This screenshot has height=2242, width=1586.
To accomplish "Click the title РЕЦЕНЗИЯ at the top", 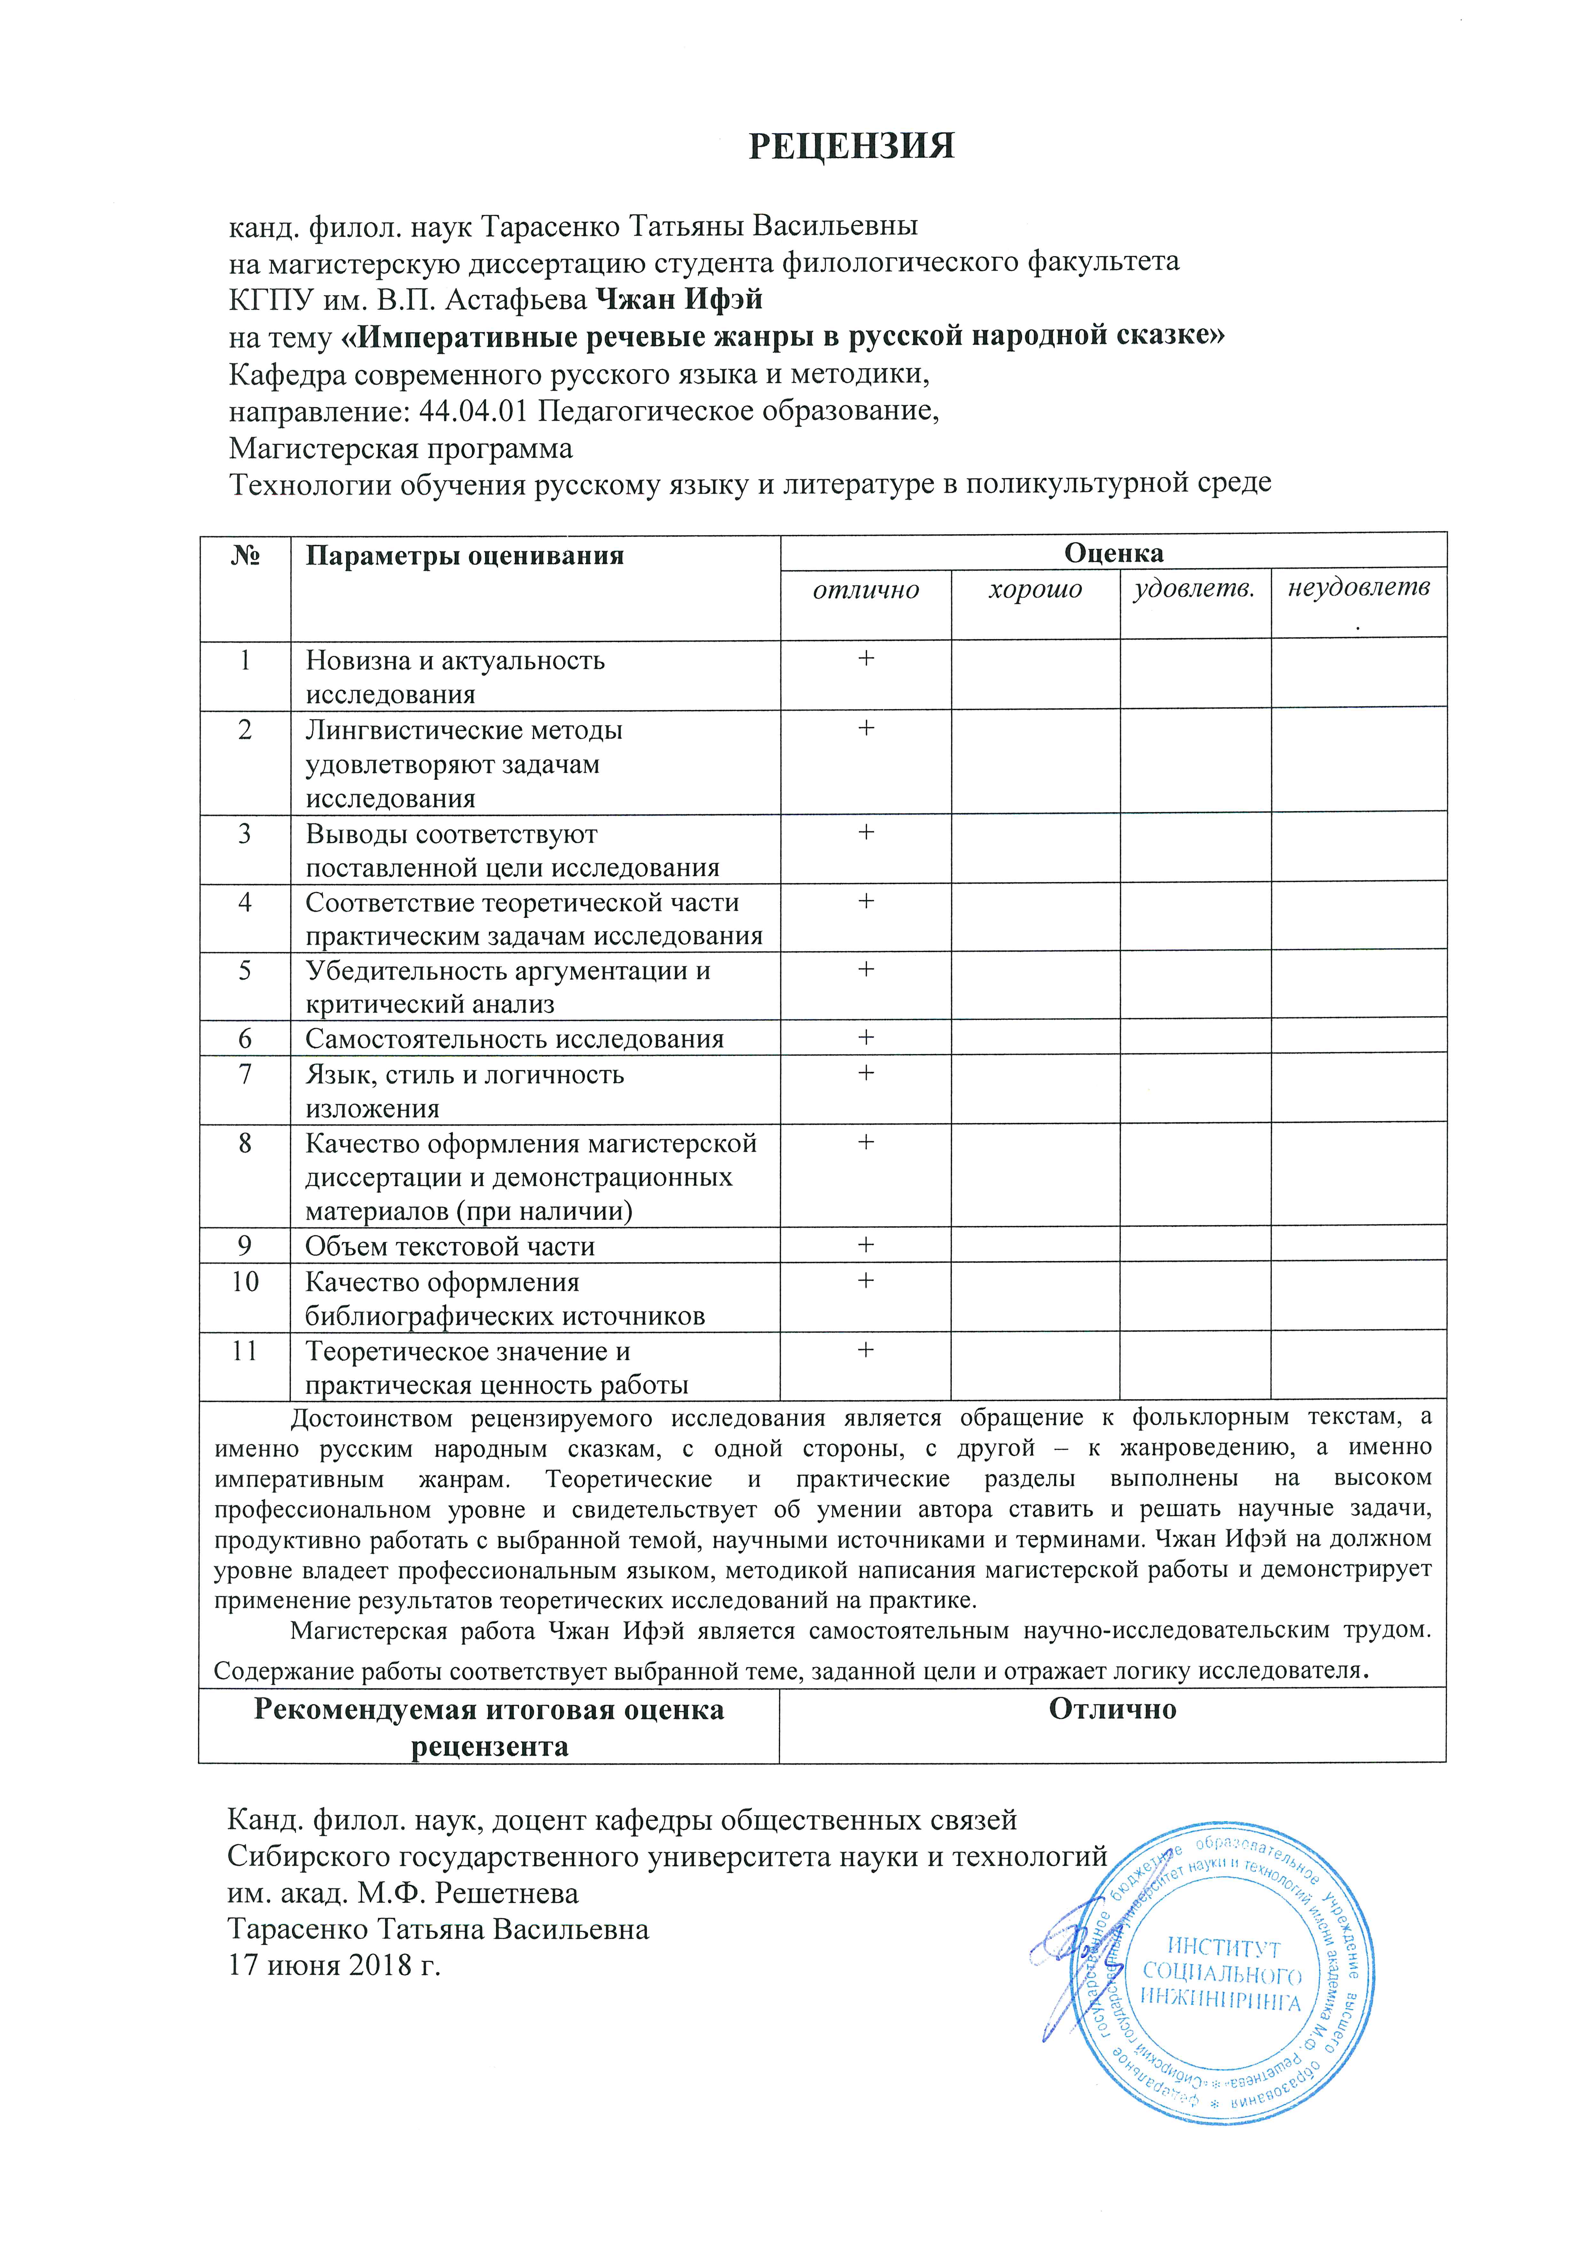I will pyautogui.click(x=851, y=145).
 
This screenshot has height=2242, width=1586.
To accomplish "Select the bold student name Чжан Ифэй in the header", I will pyautogui.click(x=679, y=299).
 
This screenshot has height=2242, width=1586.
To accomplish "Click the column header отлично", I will pyautogui.click(x=866, y=590).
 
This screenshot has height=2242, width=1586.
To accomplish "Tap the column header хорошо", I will pyautogui.click(x=1035, y=590).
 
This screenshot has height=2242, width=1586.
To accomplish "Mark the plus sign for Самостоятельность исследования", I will pyautogui.click(x=865, y=1037).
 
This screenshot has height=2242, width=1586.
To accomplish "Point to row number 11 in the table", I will pyautogui.click(x=244, y=1351).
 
